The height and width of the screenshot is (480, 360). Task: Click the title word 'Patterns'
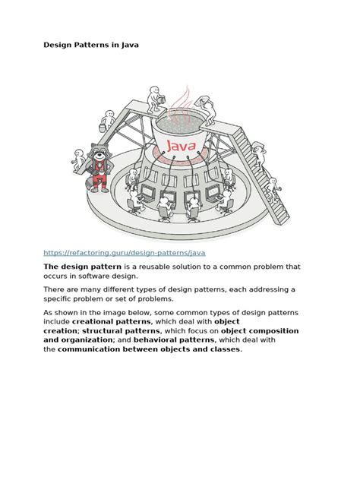tap(96, 45)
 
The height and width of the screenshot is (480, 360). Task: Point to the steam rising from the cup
tap(181, 103)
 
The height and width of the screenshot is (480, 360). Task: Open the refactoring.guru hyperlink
tap(124, 252)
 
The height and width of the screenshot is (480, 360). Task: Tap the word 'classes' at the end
tap(222, 350)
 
